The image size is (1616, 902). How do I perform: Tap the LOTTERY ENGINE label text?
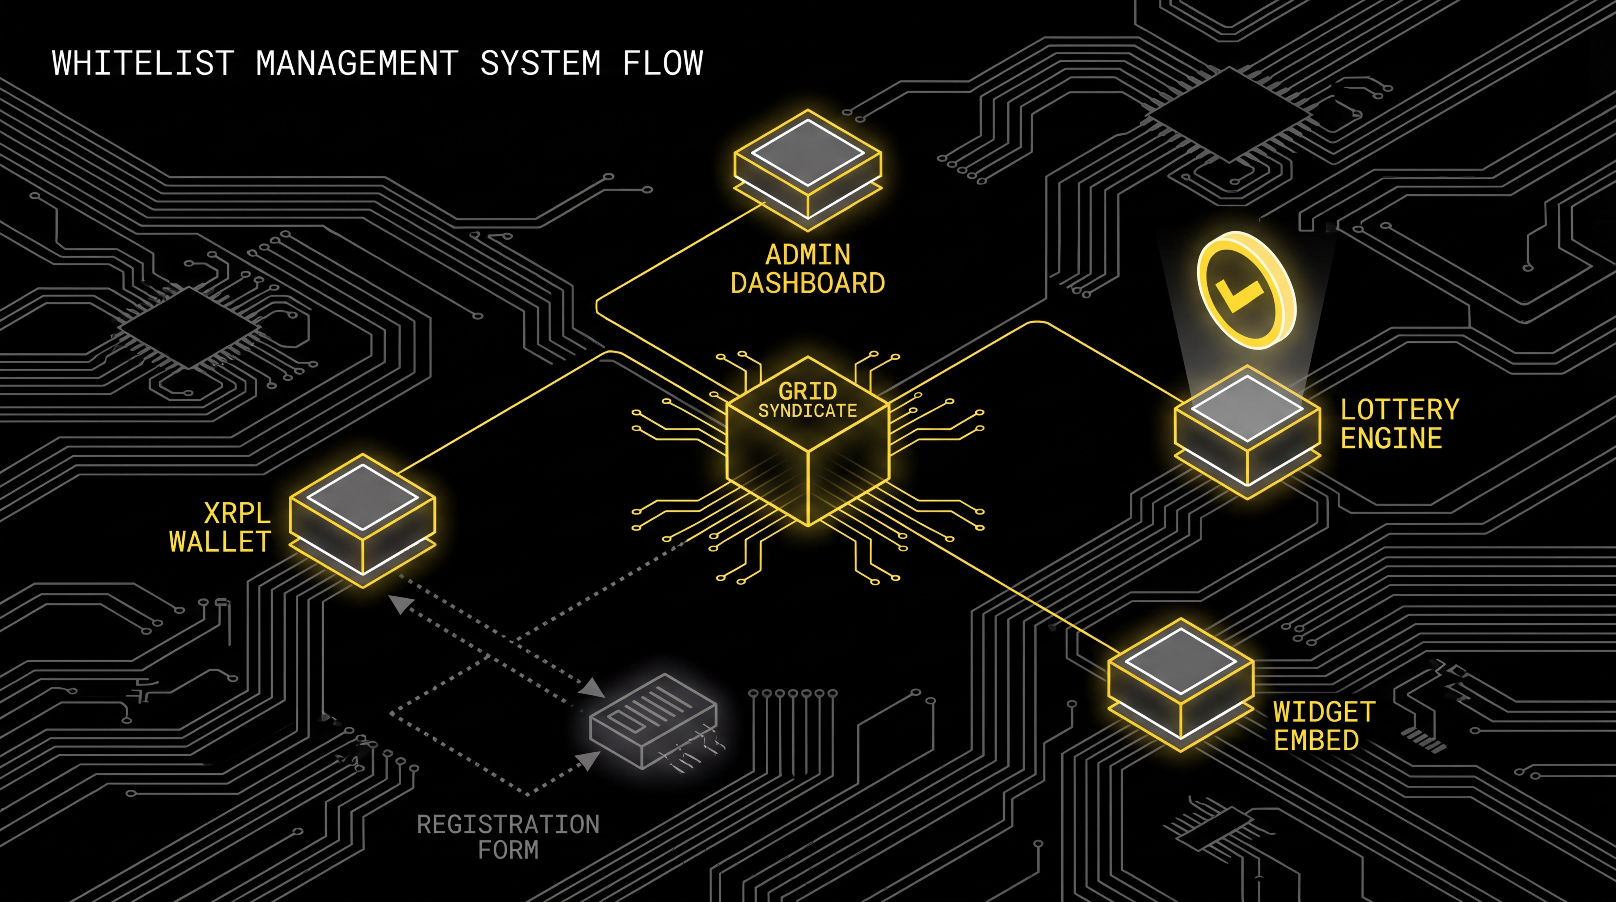click(x=1399, y=424)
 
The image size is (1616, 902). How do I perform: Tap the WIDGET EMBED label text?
click(x=1324, y=726)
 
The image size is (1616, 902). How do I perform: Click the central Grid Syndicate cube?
click(x=808, y=452)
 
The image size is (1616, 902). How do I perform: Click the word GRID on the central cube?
click(x=808, y=391)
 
